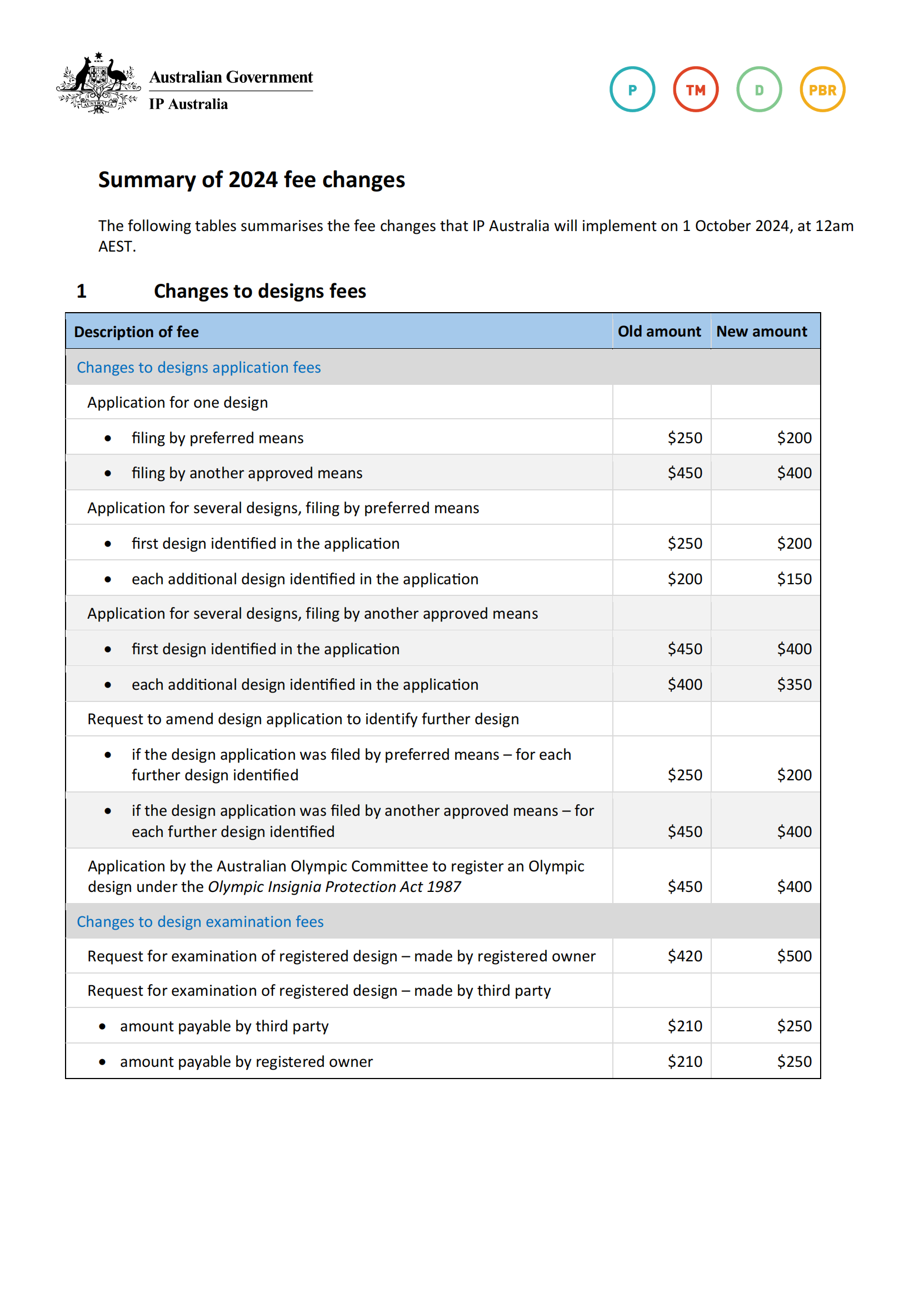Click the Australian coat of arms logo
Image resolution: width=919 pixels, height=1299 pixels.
click(x=98, y=83)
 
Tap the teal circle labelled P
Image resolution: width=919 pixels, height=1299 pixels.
click(x=632, y=89)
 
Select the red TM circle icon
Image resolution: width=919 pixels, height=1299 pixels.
click(x=696, y=89)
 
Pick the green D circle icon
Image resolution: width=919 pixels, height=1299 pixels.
click(x=759, y=89)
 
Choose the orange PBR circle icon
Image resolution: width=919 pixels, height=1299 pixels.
click(x=822, y=89)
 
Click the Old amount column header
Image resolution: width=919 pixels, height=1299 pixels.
click(x=660, y=332)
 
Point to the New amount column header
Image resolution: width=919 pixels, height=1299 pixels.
click(x=762, y=332)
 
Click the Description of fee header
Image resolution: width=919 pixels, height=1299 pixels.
click(x=136, y=332)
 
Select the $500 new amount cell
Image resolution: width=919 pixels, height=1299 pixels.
click(x=794, y=956)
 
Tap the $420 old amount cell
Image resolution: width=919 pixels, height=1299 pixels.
click(x=685, y=956)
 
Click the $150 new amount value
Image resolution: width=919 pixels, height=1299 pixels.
click(x=794, y=579)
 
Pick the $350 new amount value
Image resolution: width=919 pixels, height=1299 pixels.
click(x=794, y=685)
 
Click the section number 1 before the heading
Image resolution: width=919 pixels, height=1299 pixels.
click(x=82, y=292)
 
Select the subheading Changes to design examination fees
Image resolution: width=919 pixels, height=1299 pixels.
click(x=200, y=922)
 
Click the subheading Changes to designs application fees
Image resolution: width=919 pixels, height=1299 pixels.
click(x=198, y=368)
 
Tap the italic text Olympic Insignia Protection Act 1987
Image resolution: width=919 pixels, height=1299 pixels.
click(x=334, y=886)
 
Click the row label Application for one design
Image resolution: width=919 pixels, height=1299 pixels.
click(x=178, y=403)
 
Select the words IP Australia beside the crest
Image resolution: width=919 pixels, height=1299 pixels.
click(x=188, y=104)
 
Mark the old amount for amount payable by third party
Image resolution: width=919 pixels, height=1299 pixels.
click(x=685, y=1026)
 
